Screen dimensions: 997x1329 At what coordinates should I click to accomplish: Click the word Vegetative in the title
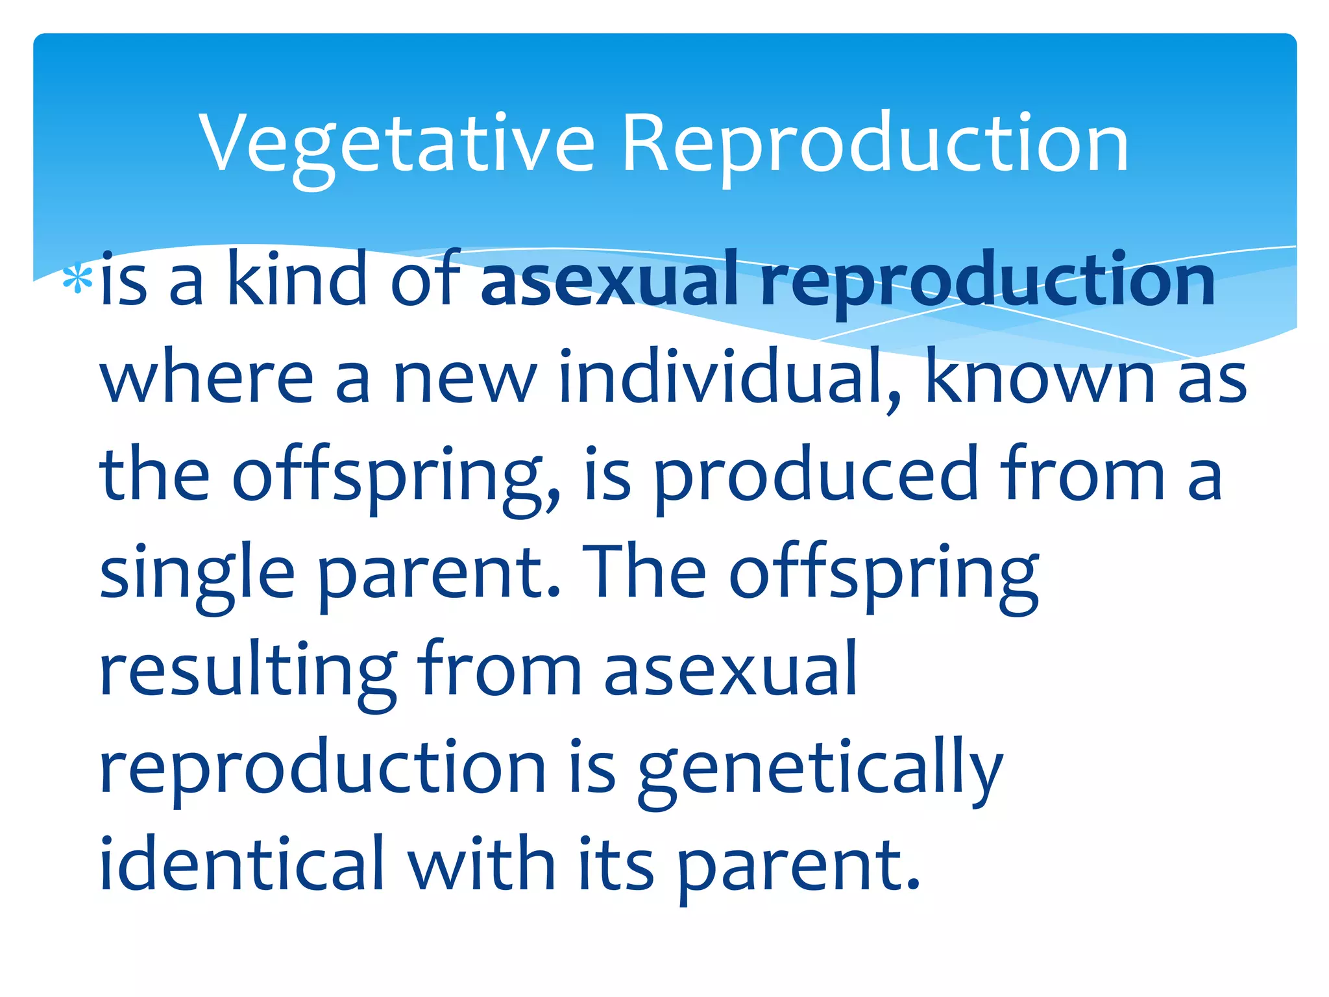(396, 144)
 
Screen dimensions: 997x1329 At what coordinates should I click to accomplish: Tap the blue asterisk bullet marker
(77, 280)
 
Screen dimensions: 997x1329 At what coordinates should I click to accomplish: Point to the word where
(206, 378)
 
